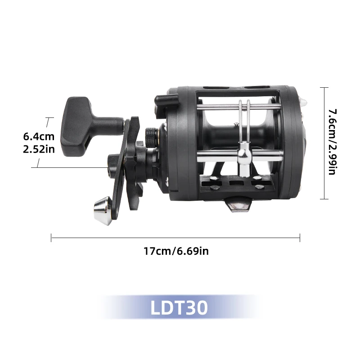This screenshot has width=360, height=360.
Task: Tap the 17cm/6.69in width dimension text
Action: click(x=176, y=251)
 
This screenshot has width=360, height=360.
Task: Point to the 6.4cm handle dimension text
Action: click(x=39, y=136)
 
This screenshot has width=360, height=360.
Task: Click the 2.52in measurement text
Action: click(x=39, y=149)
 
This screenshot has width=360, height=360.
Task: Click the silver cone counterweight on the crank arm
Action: click(x=102, y=211)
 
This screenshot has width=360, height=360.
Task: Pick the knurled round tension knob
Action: click(x=151, y=138)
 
